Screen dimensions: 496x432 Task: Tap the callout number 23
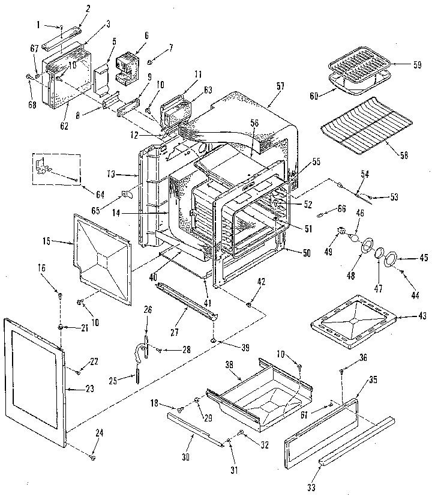pyautogui.click(x=89, y=389)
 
